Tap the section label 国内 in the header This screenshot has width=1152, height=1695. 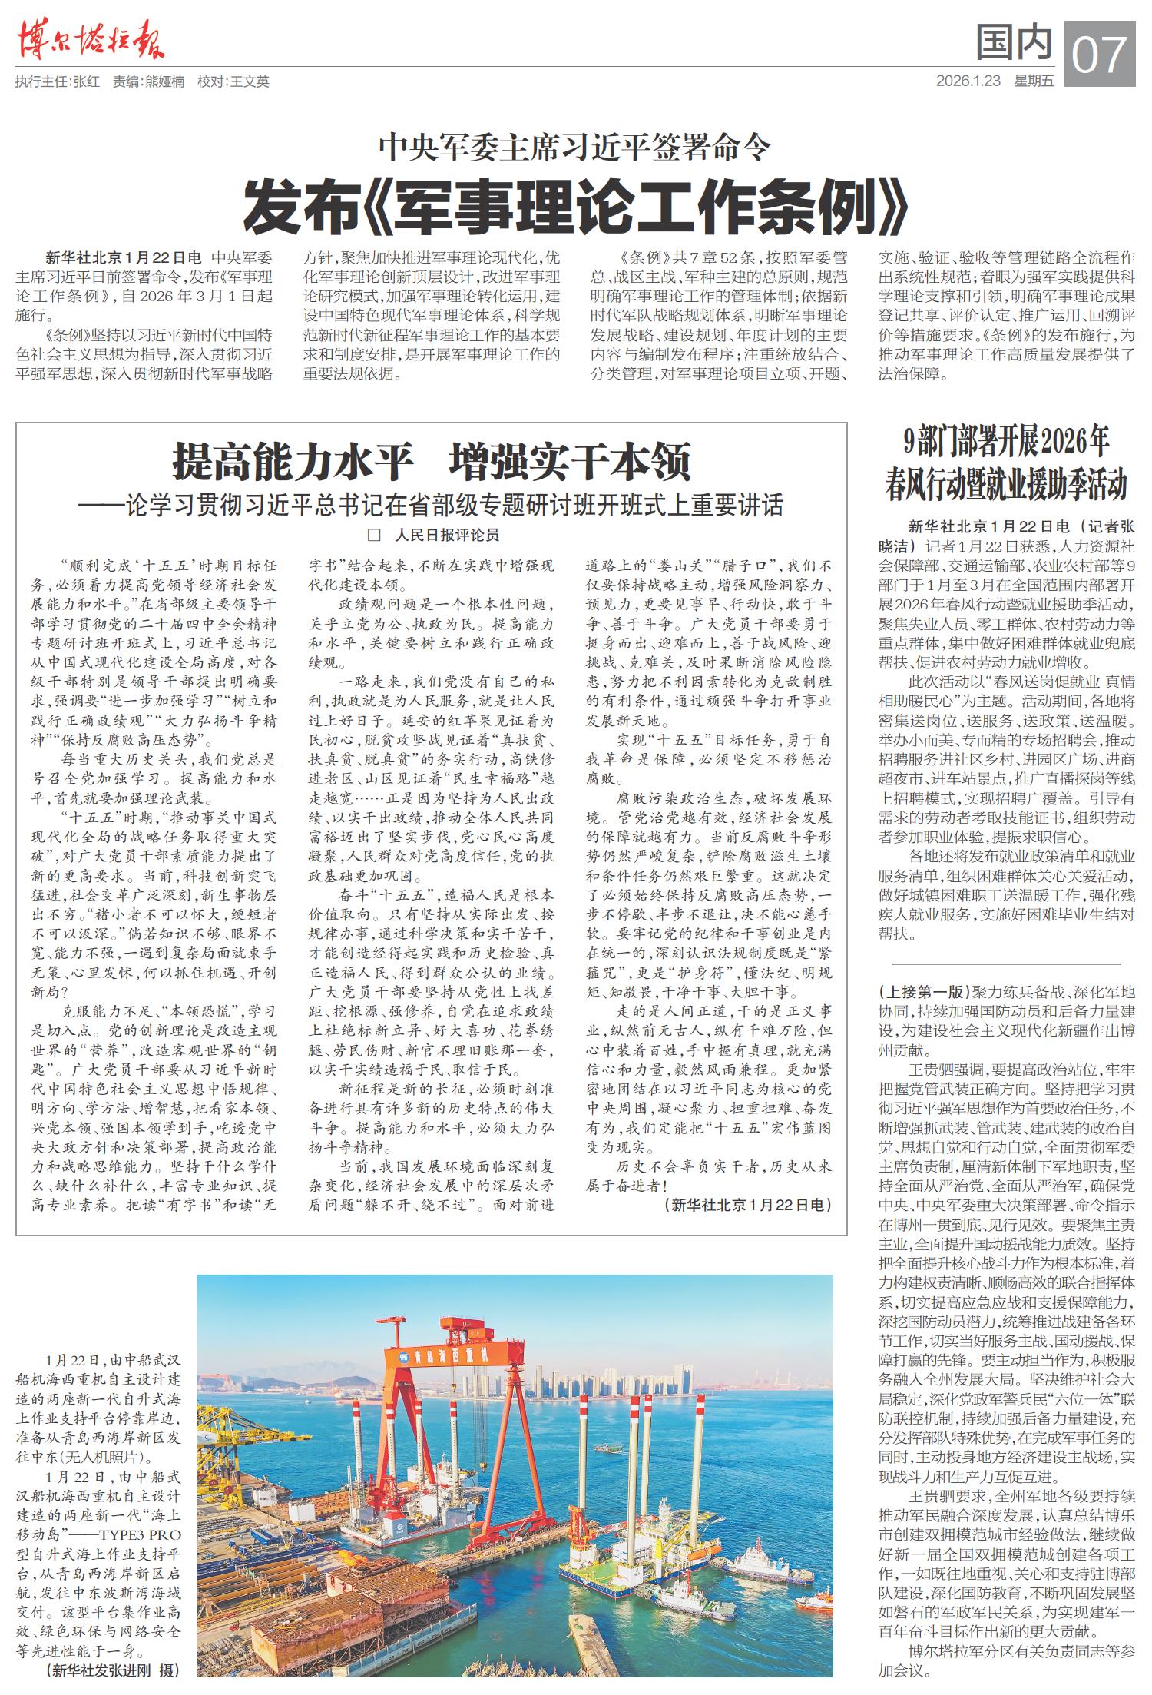pos(1013,43)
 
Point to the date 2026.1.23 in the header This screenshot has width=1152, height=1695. pos(968,81)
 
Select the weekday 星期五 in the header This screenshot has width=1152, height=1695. pos(1034,81)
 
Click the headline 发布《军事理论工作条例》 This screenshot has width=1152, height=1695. pos(575,207)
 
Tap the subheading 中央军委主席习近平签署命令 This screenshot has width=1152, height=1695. pos(575,147)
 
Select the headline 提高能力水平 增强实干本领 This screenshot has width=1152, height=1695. pos(432,461)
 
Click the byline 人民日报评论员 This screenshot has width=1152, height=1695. pos(446,535)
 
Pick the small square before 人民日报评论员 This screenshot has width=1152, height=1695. pos(375,535)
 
